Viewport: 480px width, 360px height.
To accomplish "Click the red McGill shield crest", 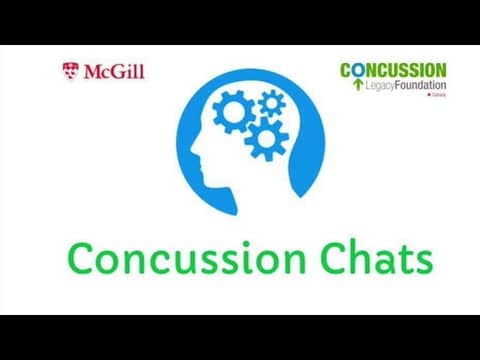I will [70, 72].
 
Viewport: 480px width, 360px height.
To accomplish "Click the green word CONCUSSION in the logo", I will [393, 70].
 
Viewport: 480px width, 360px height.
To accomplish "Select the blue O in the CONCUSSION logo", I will [359, 70].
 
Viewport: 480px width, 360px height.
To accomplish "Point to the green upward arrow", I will [357, 85].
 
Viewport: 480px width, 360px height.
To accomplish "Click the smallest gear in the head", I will [270, 102].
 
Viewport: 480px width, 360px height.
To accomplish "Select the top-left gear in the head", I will [233, 113].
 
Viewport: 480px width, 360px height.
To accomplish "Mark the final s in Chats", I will [423, 262].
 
